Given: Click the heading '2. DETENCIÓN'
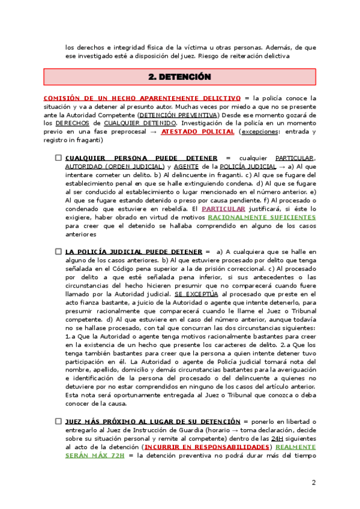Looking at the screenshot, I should click(x=180, y=77).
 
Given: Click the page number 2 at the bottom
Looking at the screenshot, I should click(x=313, y=483).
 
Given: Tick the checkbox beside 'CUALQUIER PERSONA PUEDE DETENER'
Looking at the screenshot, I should click(x=59, y=158).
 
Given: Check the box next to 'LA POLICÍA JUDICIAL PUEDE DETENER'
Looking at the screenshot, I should click(x=59, y=251).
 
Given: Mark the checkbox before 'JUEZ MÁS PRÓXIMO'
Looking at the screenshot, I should click(x=59, y=422).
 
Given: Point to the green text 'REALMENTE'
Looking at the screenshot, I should click(x=296, y=447).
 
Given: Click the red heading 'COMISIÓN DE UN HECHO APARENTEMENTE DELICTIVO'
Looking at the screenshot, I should click(x=142, y=97).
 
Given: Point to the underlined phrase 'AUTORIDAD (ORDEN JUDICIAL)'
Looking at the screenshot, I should click(x=114, y=166).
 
